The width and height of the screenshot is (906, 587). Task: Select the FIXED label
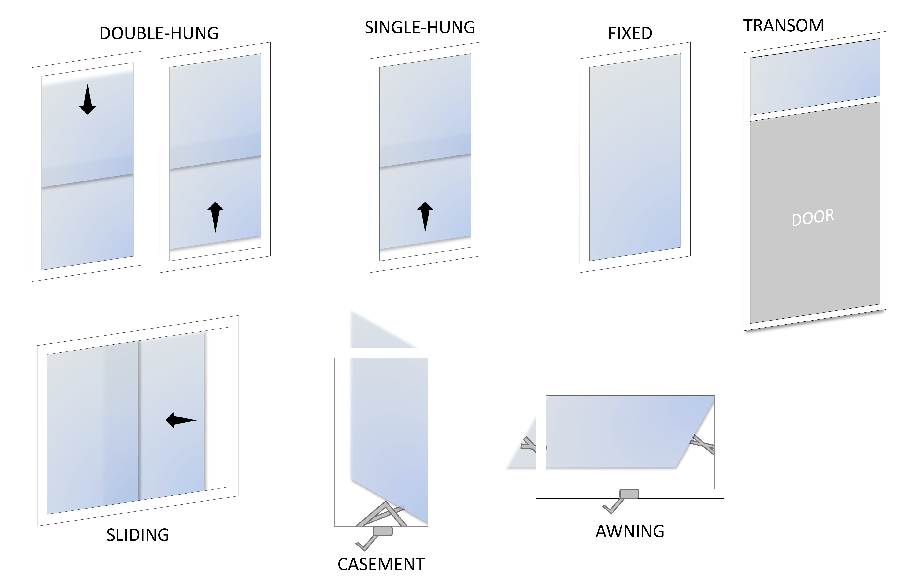[630, 33]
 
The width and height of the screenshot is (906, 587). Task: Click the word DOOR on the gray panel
[813, 218]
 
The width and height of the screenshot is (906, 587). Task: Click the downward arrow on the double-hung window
[88, 100]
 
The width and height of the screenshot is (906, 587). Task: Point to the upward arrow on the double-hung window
[215, 216]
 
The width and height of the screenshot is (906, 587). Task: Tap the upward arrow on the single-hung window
[425, 216]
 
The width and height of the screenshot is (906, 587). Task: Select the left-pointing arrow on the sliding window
[181, 420]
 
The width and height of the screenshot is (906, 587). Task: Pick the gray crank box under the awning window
[629, 494]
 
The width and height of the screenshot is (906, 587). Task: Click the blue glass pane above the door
[815, 78]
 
